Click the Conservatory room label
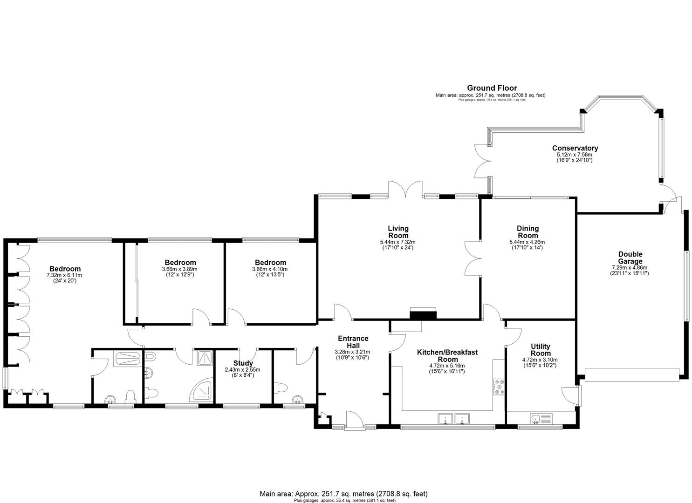[x=575, y=148]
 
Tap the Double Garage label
[x=630, y=258]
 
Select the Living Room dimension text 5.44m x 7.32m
[x=397, y=242]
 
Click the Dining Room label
[x=528, y=231]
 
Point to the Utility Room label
[x=540, y=349]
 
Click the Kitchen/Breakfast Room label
[x=447, y=355]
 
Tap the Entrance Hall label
[x=353, y=341]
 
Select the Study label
[x=243, y=363]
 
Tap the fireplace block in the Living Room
[x=423, y=314]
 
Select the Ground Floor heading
[x=492, y=88]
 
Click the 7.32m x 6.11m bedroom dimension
[x=65, y=275]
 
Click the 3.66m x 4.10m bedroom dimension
[x=270, y=269]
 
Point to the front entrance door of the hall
[x=354, y=420]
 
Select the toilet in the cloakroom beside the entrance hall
[x=281, y=387]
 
